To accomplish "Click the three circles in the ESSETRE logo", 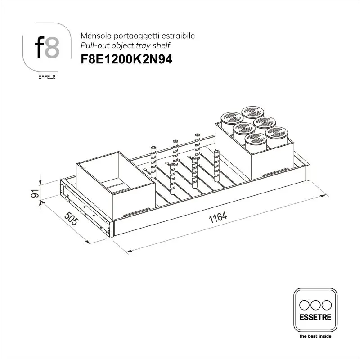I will click(315, 304).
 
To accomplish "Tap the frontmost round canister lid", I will click(255, 139).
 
